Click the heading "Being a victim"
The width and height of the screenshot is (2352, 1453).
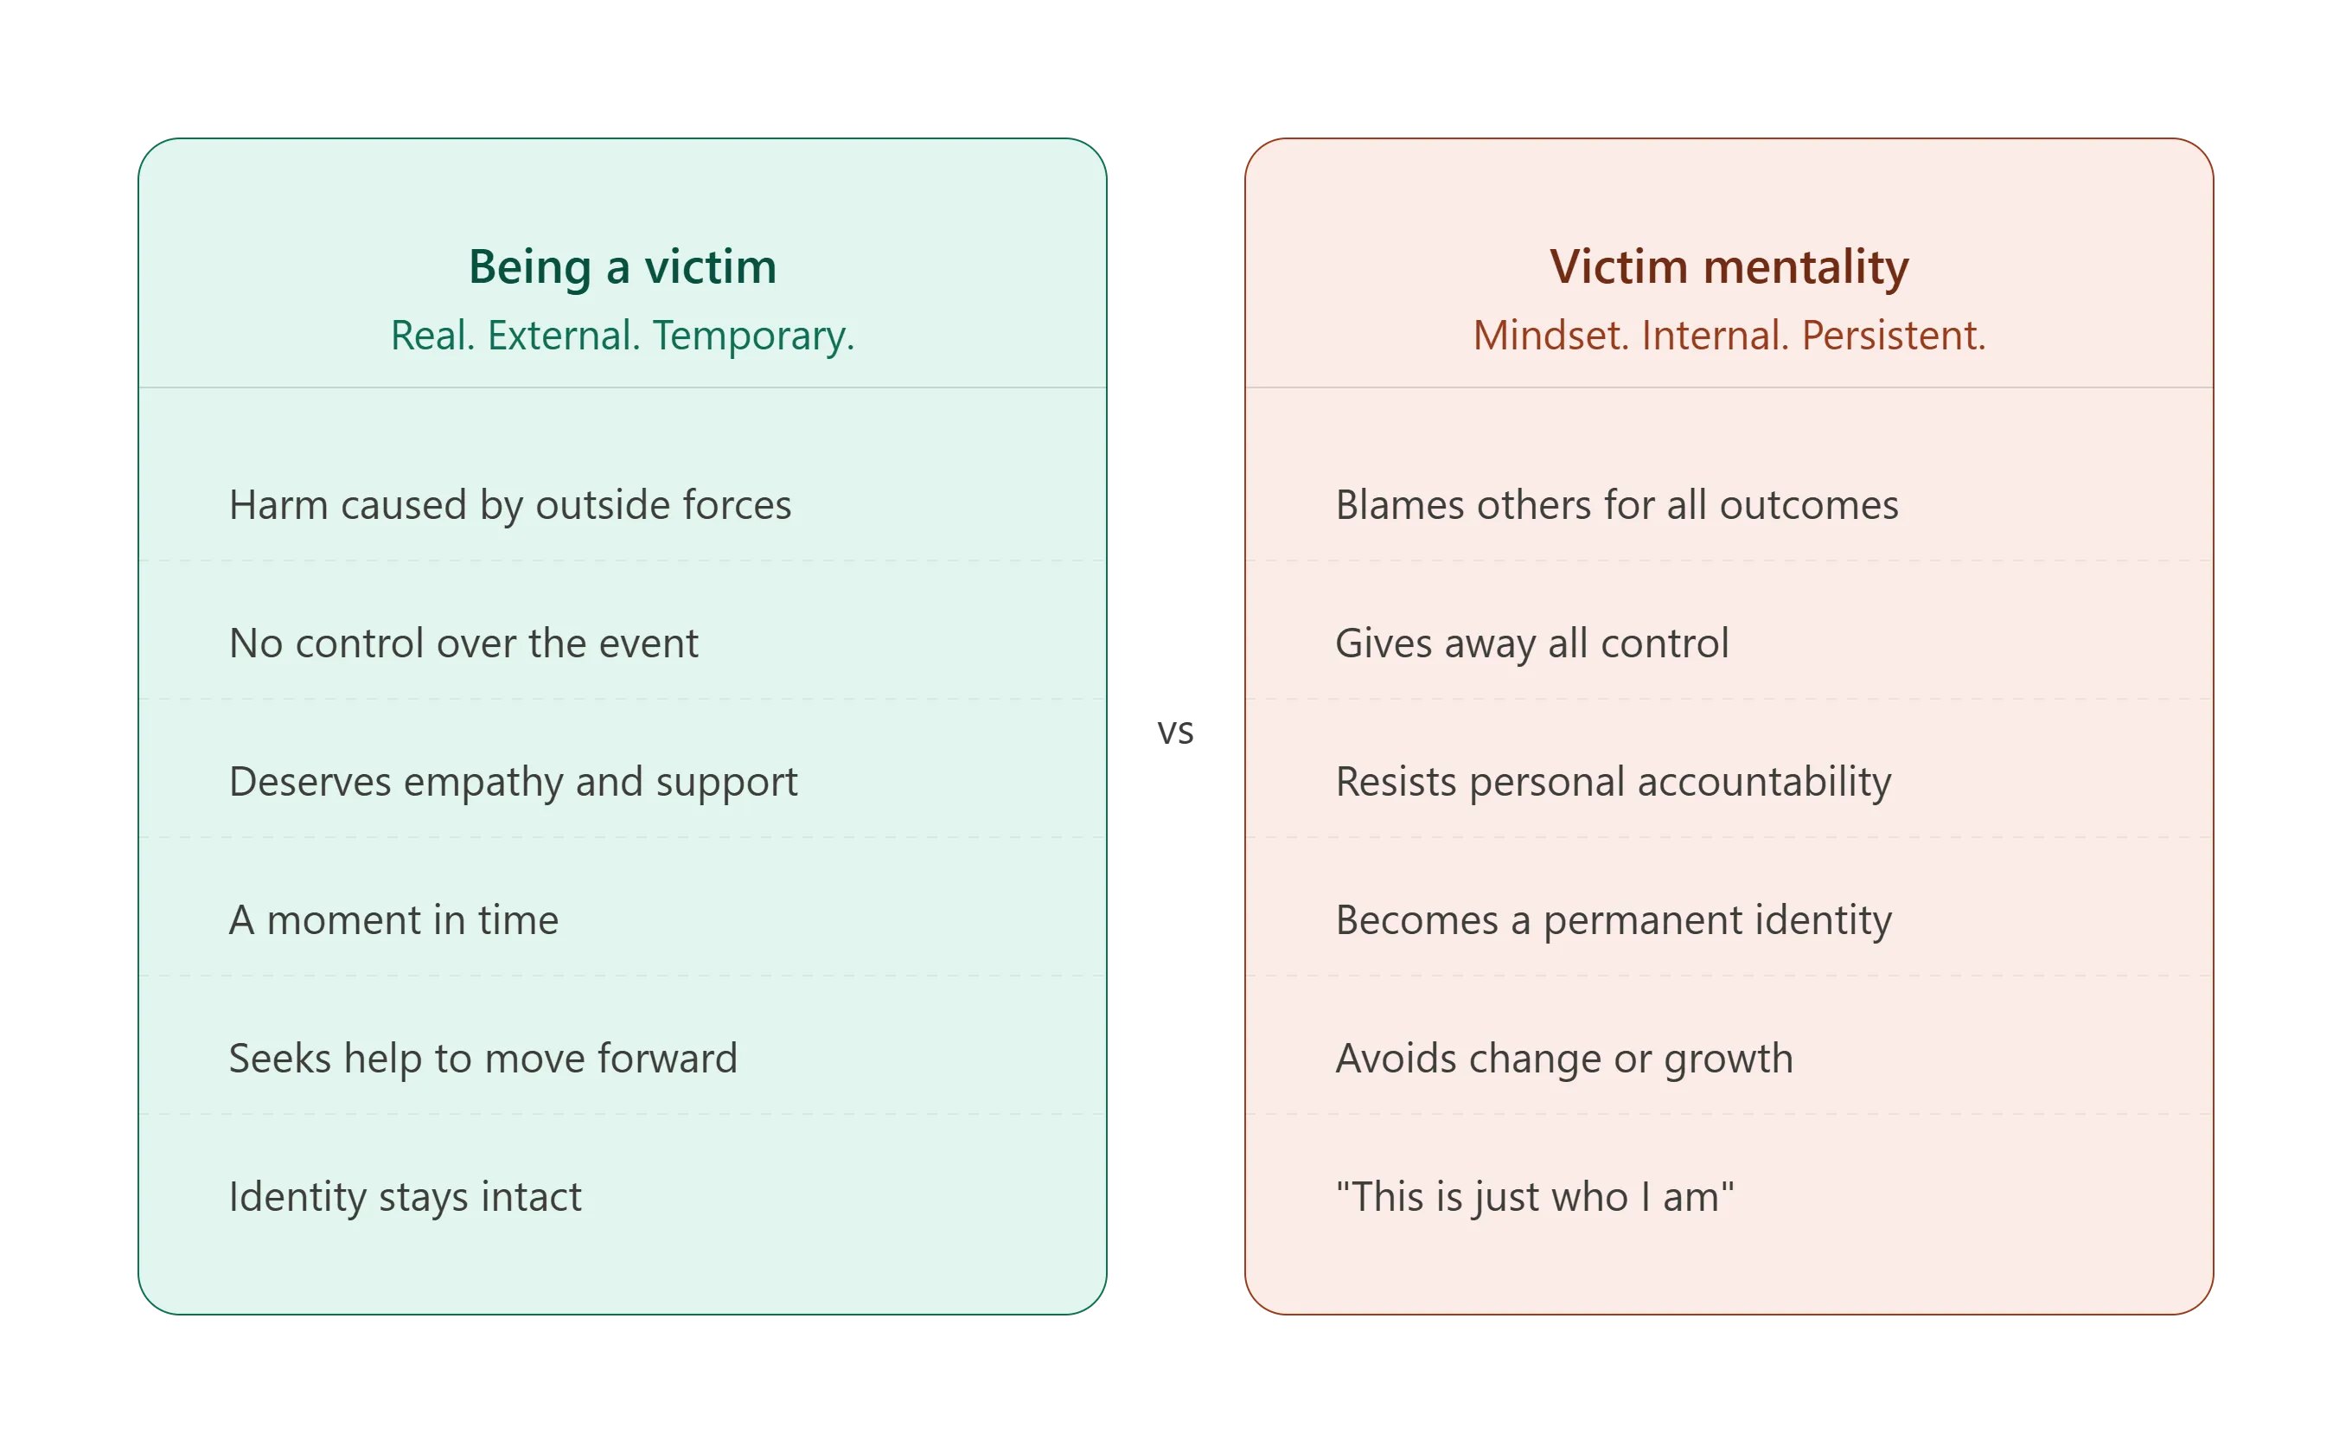pos(622,266)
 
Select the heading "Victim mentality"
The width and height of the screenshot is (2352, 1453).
pos(1729,266)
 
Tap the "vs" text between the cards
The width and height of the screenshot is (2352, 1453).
pos(1175,732)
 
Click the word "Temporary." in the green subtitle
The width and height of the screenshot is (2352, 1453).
pos(753,336)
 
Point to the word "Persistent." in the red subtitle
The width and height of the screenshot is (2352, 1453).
pos(1893,336)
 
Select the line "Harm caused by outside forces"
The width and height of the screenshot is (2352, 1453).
pos(510,504)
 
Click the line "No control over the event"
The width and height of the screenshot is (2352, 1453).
pos(463,643)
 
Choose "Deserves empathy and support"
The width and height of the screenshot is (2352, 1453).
pos(513,781)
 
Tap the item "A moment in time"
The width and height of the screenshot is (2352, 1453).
pos(393,919)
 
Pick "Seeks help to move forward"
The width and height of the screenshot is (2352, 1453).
pos(483,1058)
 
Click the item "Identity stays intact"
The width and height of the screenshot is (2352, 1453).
pos(405,1196)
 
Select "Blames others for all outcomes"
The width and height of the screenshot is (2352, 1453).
pos(1617,504)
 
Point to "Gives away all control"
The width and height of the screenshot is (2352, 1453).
pos(1531,643)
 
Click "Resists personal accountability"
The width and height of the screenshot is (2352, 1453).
pos(1614,781)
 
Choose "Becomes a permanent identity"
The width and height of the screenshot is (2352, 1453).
pos(1614,919)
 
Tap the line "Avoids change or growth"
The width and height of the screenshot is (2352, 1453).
pos(1564,1058)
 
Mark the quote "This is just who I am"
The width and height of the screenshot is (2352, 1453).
pos(1534,1196)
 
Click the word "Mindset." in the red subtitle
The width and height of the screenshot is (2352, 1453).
pos(1550,336)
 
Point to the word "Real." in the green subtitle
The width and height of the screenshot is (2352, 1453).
pos(432,336)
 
